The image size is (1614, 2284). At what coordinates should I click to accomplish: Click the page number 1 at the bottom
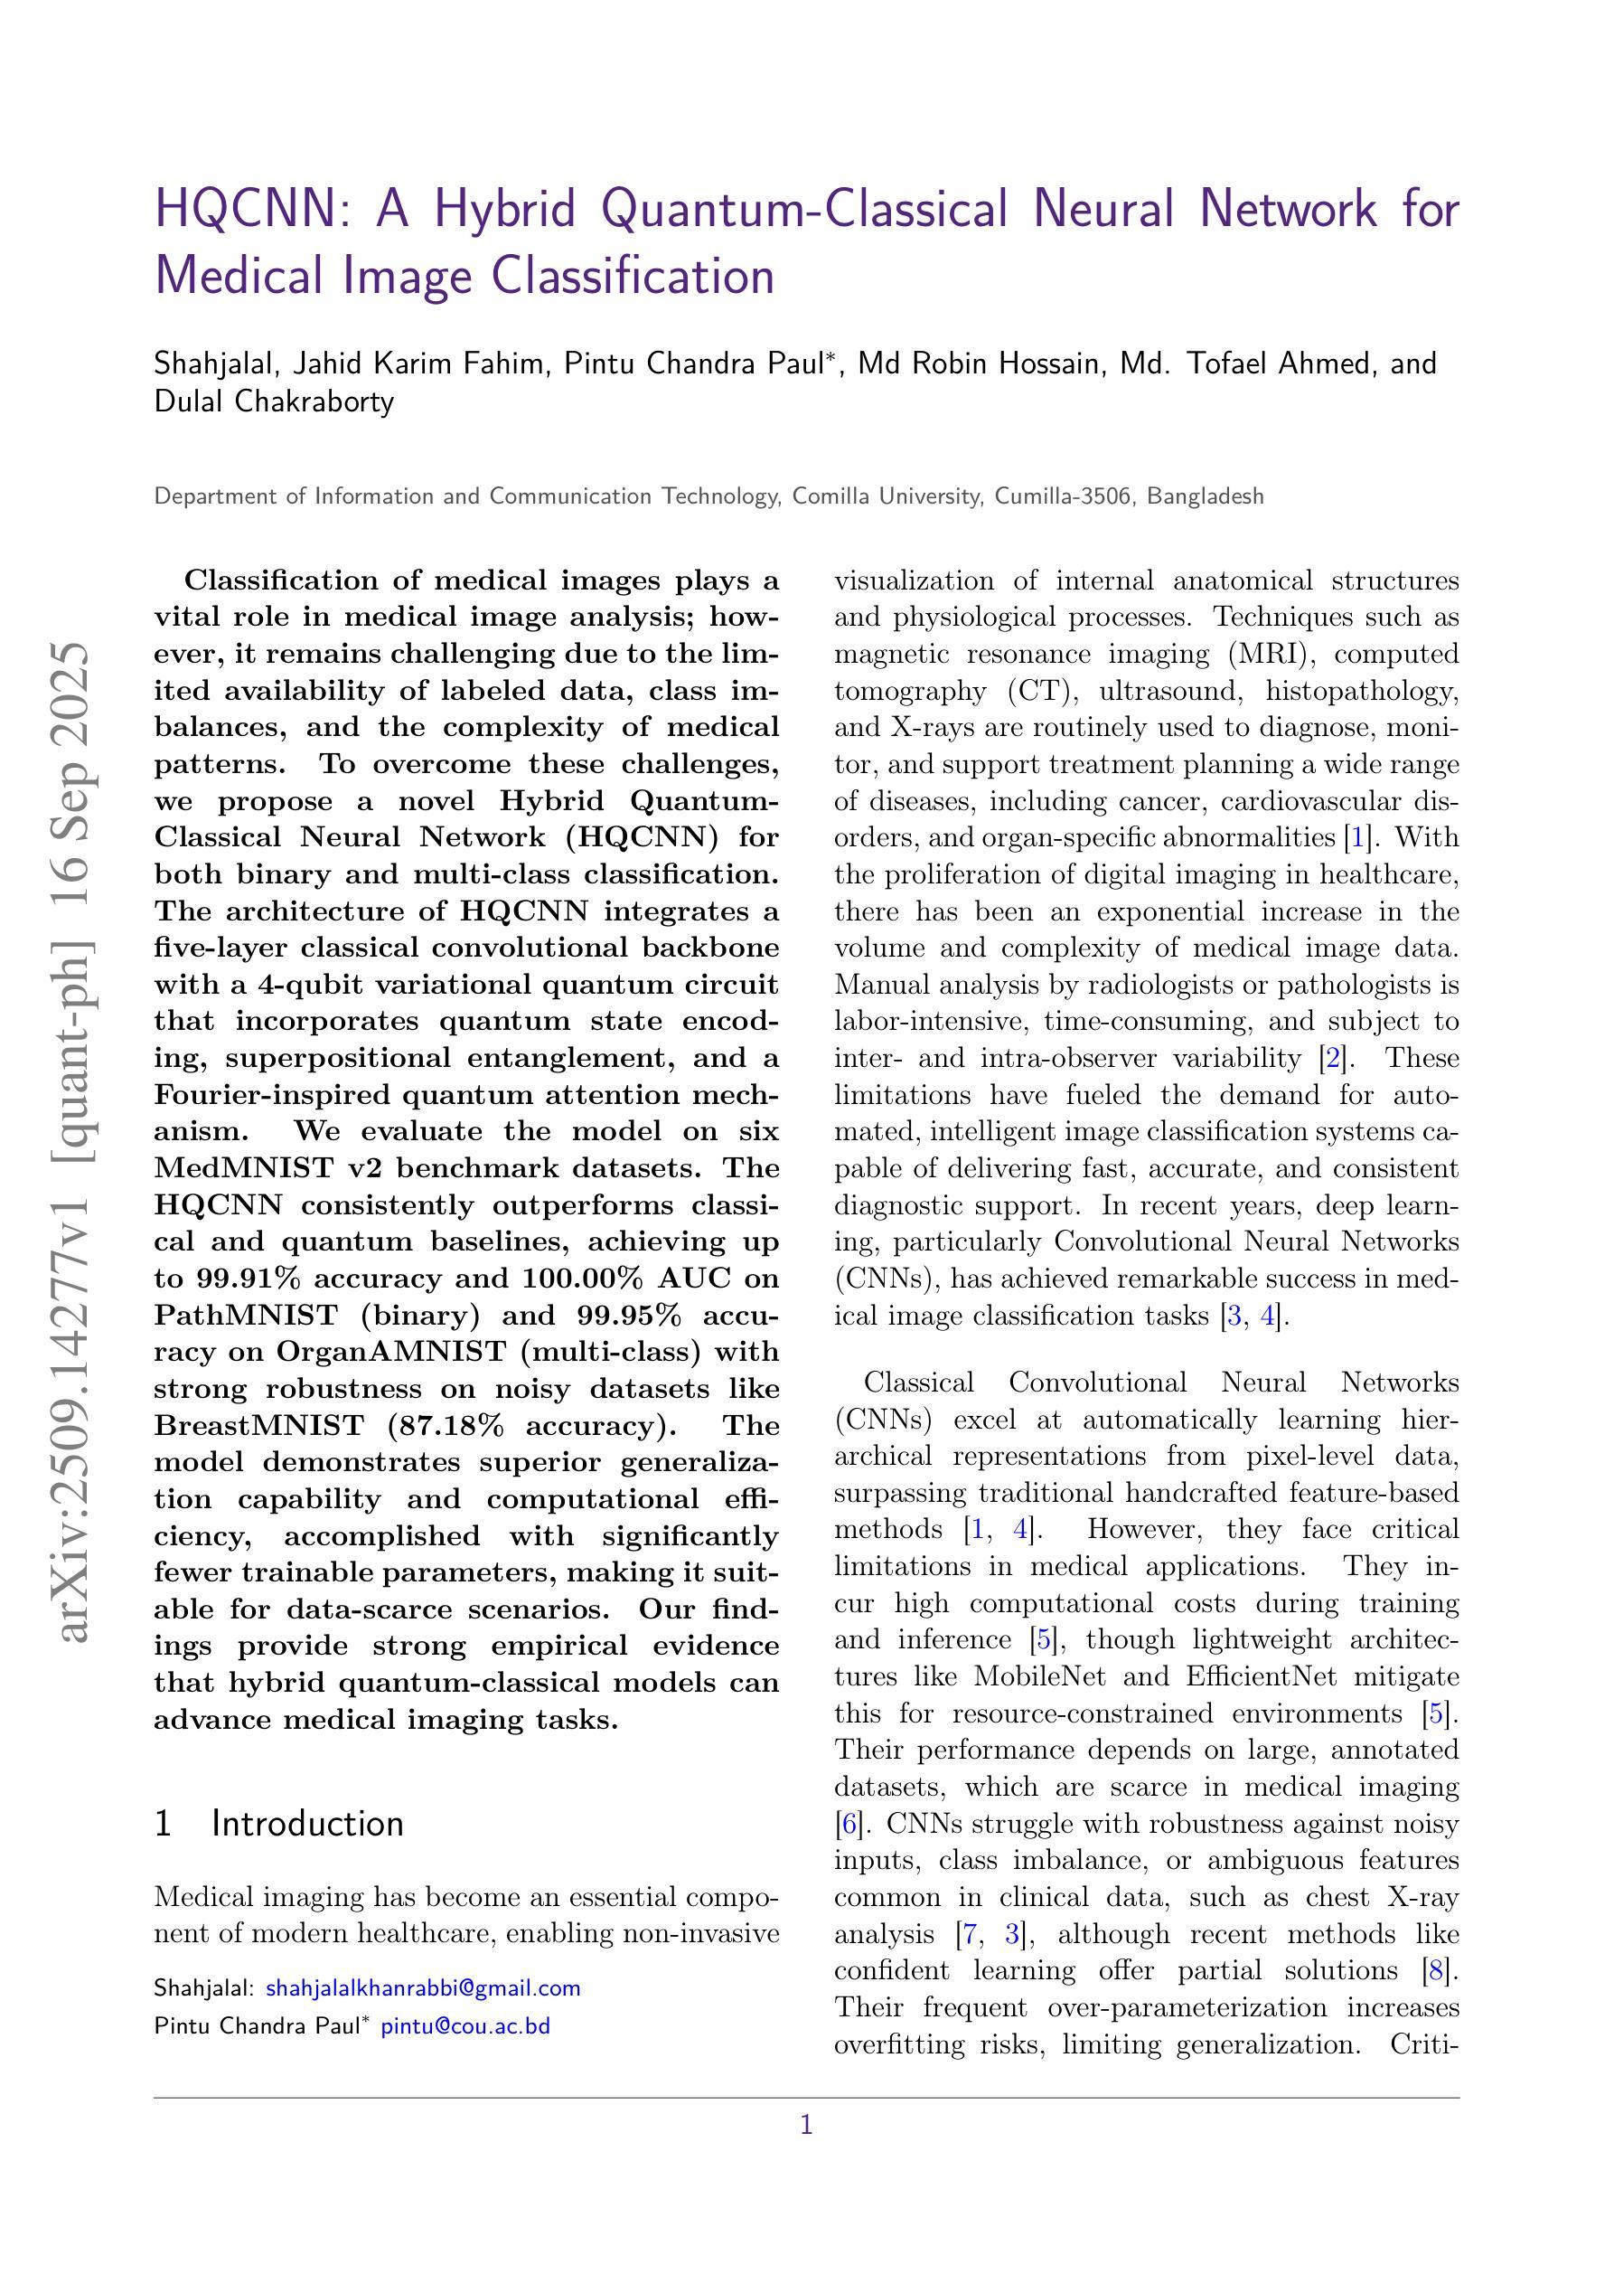pyautogui.click(x=806, y=2126)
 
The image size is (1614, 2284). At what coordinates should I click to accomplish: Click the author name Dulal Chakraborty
pyautogui.click(x=275, y=401)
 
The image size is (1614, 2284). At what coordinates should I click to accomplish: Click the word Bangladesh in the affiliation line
pyautogui.click(x=1206, y=496)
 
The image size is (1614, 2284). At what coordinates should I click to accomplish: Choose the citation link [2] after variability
pyautogui.click(x=1330, y=1057)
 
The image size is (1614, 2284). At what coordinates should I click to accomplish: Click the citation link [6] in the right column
pyautogui.click(x=849, y=1824)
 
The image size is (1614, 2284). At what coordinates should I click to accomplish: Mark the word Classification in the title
pyautogui.click(x=633, y=275)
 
